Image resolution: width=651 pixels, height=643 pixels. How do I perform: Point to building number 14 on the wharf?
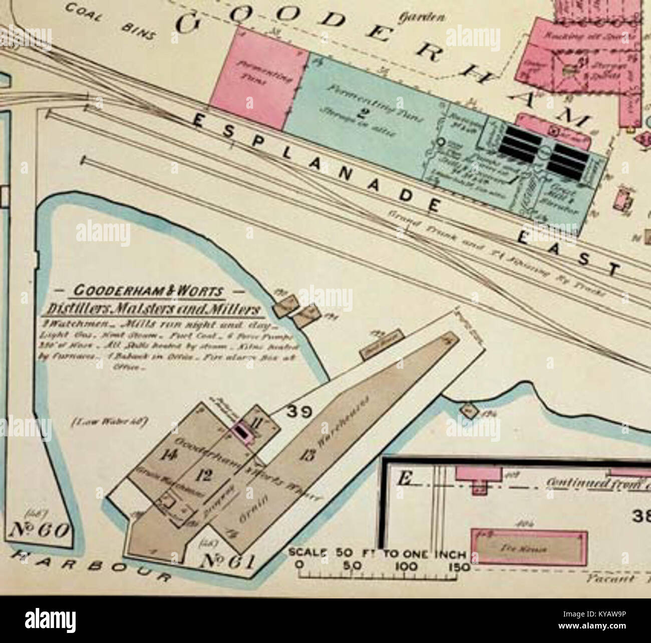167,454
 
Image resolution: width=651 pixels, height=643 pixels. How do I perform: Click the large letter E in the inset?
404,479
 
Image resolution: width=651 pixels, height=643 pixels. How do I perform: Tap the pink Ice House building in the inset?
529,548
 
